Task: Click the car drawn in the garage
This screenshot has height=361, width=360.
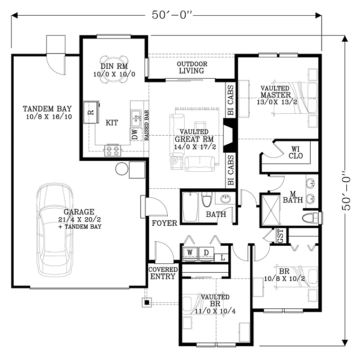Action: pos(55,230)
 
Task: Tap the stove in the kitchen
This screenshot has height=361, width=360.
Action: pos(113,150)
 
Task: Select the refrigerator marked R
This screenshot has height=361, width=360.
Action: pos(91,112)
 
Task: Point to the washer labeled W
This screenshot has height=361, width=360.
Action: pos(190,254)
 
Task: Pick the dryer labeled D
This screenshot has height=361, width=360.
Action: pos(206,254)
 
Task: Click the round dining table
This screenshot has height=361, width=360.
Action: pos(114,69)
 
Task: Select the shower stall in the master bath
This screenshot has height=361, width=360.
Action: pos(271,210)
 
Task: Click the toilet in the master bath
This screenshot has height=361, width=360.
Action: pos(310,218)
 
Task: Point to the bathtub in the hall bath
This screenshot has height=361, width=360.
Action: pos(190,207)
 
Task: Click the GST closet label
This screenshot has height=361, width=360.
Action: pos(281,235)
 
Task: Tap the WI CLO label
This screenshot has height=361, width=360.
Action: pos(296,152)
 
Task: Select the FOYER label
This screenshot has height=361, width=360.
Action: pos(164,223)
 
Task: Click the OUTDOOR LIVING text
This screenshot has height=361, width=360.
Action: pos(192,67)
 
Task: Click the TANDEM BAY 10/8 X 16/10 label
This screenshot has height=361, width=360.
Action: pos(47,112)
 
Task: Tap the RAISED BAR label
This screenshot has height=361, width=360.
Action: pos(147,126)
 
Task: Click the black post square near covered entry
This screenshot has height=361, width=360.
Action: pos(147,302)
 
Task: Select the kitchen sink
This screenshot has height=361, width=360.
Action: pos(136,118)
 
